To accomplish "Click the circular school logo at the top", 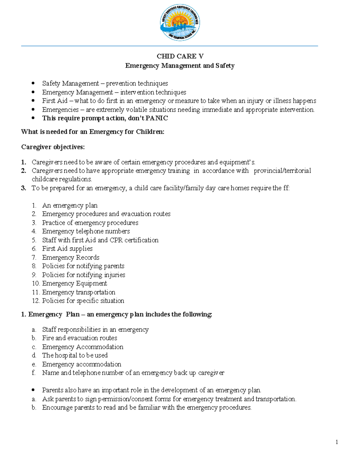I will (180, 23).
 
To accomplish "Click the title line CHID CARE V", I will (180, 56).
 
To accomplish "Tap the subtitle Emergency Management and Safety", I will (180, 65).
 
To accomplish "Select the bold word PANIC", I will (157, 118).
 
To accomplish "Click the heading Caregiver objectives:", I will (53, 147).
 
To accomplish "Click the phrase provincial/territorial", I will (282, 171).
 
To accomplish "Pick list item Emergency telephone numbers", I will (86, 231).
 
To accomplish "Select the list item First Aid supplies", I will (67, 249).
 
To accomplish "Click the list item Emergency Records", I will (70, 257).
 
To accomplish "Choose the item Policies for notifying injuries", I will (83, 275).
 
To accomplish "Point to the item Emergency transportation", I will (79, 292).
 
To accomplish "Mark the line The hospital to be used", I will (75, 355).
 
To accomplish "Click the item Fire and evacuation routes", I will (79, 338).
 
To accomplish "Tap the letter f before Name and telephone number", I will (34, 373).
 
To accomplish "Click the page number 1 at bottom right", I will (337, 442).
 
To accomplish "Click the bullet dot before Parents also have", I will (34, 390).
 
